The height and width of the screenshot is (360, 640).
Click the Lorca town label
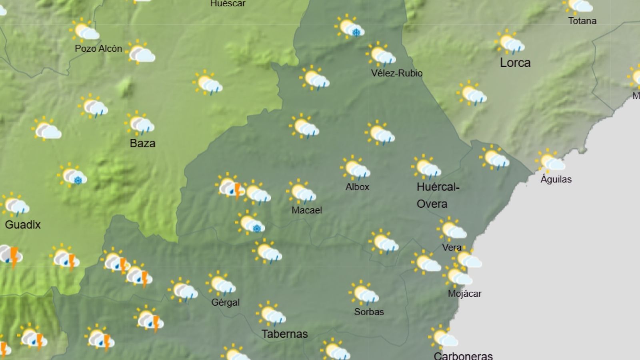click(x=515, y=63)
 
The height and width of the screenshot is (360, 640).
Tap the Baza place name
click(x=142, y=143)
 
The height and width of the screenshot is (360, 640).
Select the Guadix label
click(x=23, y=224)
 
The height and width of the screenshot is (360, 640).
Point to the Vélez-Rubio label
click(x=396, y=73)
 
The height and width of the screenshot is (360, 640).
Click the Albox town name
click(x=357, y=187)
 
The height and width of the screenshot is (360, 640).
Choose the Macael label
click(x=306, y=210)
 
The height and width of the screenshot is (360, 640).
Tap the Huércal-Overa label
click(x=438, y=195)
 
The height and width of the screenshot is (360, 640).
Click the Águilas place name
click(x=556, y=179)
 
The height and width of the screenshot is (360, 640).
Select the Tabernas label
click(x=284, y=334)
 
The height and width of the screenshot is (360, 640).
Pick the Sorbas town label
click(x=369, y=312)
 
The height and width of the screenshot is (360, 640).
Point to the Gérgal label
click(x=226, y=302)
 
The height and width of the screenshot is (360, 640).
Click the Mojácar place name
click(x=464, y=294)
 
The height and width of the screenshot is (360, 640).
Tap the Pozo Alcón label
click(x=98, y=48)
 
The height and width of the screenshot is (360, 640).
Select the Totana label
click(x=582, y=21)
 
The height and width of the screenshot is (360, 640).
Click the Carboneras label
click(x=463, y=356)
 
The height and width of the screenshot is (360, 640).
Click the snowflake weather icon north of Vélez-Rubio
click(x=349, y=27)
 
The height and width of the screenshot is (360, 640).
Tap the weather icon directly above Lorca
click(x=509, y=42)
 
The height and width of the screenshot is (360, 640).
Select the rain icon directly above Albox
click(x=355, y=168)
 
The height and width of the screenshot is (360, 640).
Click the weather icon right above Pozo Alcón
click(x=84, y=30)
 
